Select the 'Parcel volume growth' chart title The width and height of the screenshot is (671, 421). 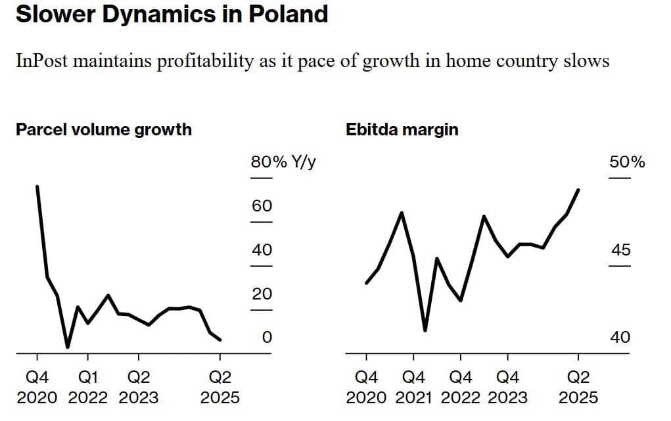tap(104, 129)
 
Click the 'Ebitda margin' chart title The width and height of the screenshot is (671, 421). tap(402, 129)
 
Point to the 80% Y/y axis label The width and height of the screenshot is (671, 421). tap(283, 162)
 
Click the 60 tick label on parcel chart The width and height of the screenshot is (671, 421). tap(262, 206)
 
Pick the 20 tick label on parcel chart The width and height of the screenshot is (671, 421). tap(262, 294)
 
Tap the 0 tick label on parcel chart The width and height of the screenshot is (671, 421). tap(266, 338)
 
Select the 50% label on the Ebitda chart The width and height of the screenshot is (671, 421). tap(627, 162)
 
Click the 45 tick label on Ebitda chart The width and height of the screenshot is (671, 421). tap(620, 250)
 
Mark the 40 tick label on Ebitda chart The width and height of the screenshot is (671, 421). tap(620, 338)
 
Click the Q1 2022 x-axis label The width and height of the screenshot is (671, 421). tap(88, 388)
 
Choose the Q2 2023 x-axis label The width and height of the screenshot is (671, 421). tap(139, 388)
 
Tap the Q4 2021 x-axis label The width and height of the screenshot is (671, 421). tap(413, 388)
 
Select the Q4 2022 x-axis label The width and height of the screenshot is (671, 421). tap(461, 388)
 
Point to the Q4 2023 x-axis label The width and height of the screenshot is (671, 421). tap(507, 388)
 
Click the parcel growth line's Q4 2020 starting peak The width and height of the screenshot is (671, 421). tap(37, 187)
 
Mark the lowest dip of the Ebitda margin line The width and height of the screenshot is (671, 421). tap(425, 330)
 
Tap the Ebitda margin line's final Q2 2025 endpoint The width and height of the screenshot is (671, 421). tap(578, 190)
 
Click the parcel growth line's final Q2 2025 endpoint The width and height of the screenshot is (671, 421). tap(220, 340)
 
